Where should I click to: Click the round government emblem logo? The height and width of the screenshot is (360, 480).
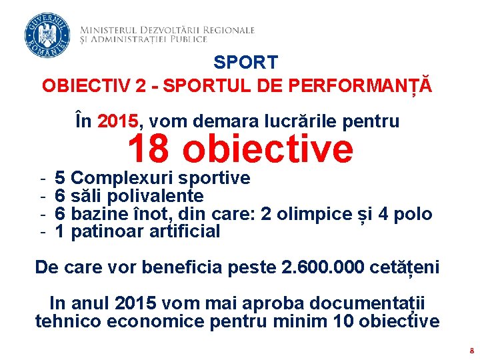(x=47, y=35)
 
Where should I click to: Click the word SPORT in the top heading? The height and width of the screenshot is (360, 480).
(x=245, y=63)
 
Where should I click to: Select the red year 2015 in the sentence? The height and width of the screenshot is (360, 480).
(x=118, y=121)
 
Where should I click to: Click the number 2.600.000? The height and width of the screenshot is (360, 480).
(x=324, y=267)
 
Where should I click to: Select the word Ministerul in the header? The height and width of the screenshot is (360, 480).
(x=108, y=30)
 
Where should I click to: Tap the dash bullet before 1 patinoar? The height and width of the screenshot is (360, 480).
(x=42, y=232)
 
